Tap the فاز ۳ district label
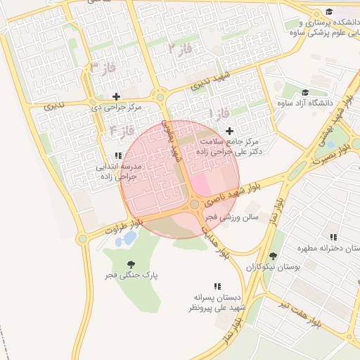[x=102, y=67]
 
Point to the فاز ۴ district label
[x=122, y=131]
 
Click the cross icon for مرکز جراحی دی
[x=116, y=96]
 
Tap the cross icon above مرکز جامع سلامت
[x=230, y=131]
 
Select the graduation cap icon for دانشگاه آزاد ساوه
[x=304, y=92]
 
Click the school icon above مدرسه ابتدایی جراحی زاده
[x=117, y=155]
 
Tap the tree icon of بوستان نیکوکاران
[x=273, y=256]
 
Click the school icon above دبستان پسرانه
[x=217, y=286]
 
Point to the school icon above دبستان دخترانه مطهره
[x=333, y=238]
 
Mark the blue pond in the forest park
[x=129, y=238]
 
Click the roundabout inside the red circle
[x=194, y=205]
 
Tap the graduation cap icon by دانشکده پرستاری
[x=329, y=11]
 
